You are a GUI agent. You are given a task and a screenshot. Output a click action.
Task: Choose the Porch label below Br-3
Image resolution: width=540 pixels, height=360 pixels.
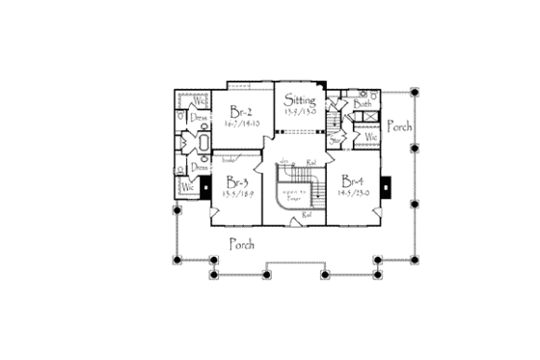tap(240, 244)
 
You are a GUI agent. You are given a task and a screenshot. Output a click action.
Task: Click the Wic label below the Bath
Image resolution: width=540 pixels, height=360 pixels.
tap(370, 138)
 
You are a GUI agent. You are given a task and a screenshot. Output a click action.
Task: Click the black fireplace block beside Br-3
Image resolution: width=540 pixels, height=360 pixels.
tap(206, 190)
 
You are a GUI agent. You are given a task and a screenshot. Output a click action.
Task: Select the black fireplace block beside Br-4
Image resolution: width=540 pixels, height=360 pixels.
tap(385, 184)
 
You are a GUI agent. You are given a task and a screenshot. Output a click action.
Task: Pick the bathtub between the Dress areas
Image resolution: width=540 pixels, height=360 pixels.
tap(204, 145)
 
